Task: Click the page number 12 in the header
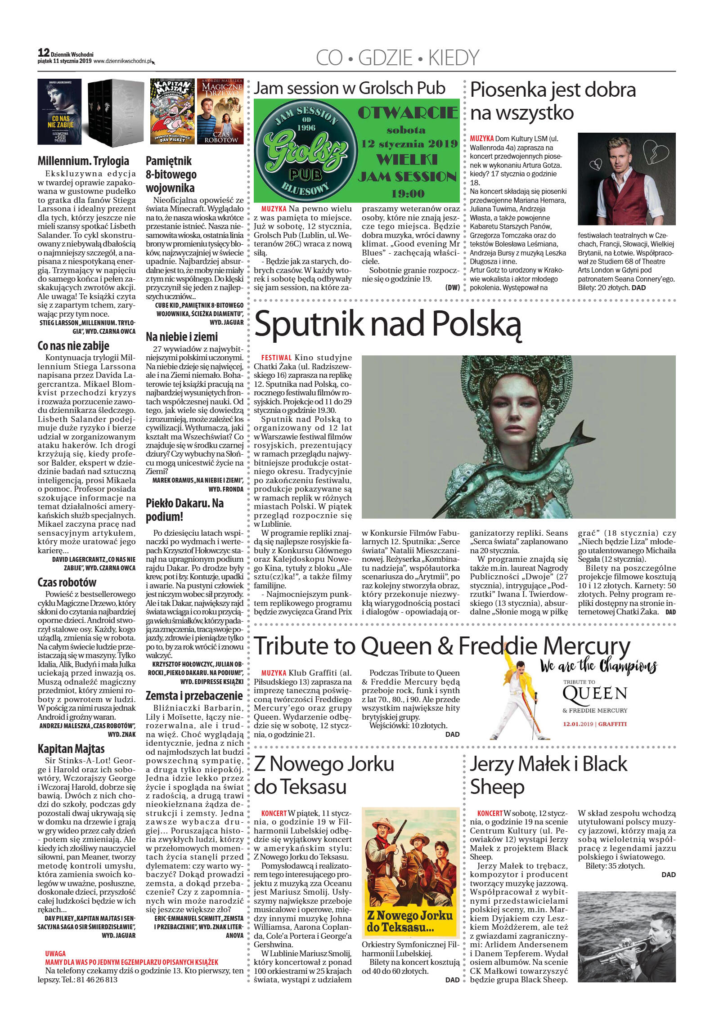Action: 44,53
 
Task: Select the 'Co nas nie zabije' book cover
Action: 59,112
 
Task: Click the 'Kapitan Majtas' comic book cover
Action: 172,111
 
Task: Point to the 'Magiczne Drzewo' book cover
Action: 220,111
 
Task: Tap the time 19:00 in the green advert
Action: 408,193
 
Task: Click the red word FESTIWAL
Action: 276,358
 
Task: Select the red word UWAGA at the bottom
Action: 55,953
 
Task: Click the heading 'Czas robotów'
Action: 67,582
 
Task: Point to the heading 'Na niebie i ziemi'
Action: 181,336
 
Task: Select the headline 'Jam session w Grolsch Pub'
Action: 350,88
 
